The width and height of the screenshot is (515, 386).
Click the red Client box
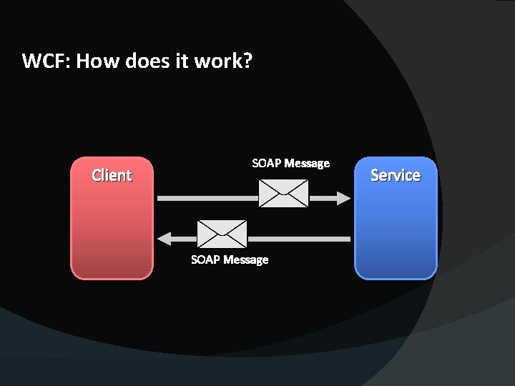click(x=112, y=229)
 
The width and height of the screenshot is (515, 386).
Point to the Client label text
click(x=112, y=175)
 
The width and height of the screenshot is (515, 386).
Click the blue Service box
click(x=395, y=229)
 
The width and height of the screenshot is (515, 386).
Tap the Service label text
click(x=395, y=175)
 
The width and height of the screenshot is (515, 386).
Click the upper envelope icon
click(x=283, y=193)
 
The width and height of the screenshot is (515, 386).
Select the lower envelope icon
click(x=222, y=233)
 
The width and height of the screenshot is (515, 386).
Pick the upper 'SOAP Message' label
click(x=290, y=163)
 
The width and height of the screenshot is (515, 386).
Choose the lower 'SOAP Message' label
click(x=230, y=259)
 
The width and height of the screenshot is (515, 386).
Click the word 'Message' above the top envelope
click(x=307, y=163)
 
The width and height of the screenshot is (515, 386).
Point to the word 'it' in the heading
click(x=182, y=61)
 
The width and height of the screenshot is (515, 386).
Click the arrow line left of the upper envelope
click(x=207, y=198)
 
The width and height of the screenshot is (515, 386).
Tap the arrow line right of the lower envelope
click(x=298, y=238)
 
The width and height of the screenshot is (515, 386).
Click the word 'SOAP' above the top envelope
click(x=267, y=163)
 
